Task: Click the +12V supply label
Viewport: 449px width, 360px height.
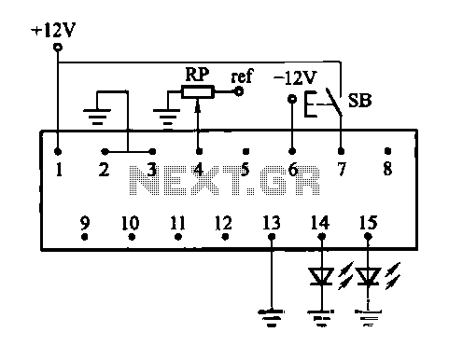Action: (x=53, y=30)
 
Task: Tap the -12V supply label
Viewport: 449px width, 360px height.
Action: (x=295, y=77)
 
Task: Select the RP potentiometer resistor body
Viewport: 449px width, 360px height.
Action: (x=198, y=92)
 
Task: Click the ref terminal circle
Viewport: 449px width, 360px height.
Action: (x=239, y=91)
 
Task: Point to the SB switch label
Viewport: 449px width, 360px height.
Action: (x=359, y=101)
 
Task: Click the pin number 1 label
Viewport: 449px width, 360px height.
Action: (x=59, y=170)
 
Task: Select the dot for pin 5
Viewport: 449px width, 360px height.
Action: (x=246, y=151)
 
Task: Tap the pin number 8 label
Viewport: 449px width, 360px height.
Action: (x=387, y=169)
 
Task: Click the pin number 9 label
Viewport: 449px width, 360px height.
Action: (x=85, y=223)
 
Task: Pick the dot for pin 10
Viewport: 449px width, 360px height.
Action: (x=132, y=237)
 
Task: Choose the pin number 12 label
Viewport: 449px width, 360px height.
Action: (x=224, y=223)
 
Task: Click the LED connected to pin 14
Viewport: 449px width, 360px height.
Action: (x=321, y=276)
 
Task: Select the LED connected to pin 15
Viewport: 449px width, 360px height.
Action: (x=368, y=276)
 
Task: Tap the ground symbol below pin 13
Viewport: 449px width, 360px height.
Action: (x=272, y=318)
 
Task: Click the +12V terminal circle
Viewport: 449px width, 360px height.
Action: (x=58, y=48)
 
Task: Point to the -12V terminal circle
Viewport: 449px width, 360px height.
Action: (x=292, y=99)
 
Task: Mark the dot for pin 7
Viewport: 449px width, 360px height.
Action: (x=341, y=151)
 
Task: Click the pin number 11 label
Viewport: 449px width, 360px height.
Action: (x=178, y=223)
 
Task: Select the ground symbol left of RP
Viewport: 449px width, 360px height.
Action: (x=167, y=117)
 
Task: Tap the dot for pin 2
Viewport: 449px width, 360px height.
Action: (x=105, y=152)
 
